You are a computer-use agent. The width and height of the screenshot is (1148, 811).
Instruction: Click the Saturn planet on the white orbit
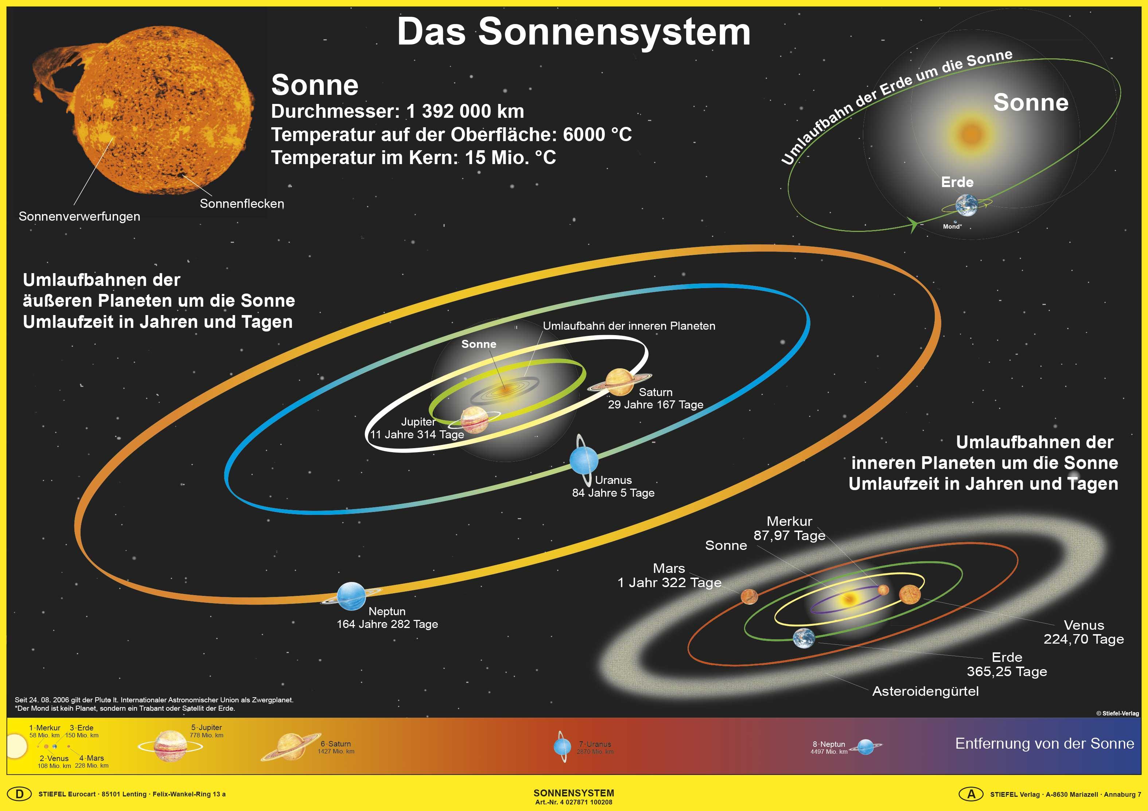[619, 382]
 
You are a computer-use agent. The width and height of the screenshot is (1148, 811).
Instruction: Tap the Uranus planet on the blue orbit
[584, 460]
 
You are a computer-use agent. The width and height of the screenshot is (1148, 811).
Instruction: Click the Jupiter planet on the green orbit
[474, 419]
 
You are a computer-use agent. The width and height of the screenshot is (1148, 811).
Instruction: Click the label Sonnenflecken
[242, 203]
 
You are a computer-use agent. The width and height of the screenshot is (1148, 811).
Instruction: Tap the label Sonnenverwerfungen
[79, 217]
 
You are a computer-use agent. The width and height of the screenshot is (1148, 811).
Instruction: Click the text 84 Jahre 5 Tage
[613, 493]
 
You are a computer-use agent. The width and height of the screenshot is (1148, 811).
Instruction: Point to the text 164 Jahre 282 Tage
[387, 624]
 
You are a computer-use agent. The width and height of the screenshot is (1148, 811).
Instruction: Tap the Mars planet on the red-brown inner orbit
[749, 596]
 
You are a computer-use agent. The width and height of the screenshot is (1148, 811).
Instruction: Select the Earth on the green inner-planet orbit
[804, 639]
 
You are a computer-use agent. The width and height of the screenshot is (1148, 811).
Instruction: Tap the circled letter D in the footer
[19, 794]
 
